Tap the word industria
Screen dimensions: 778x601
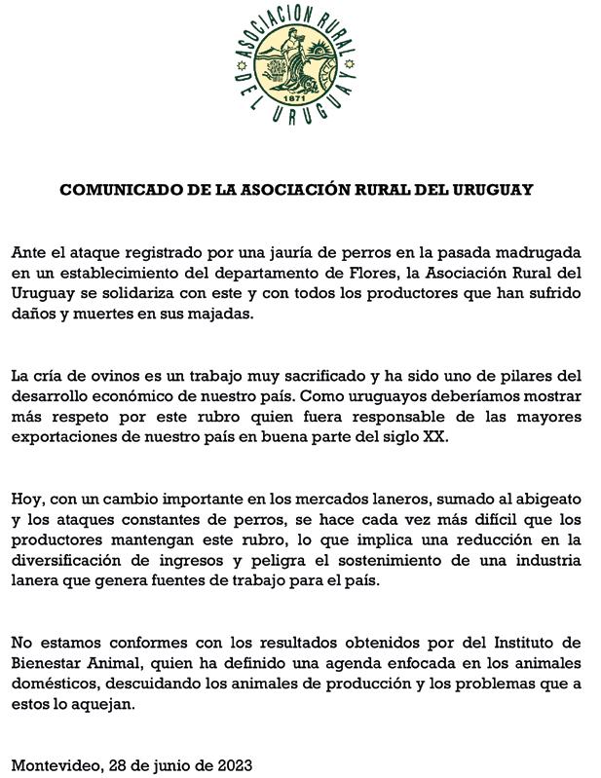coord(545,560)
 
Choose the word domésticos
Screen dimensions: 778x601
coord(56,684)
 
